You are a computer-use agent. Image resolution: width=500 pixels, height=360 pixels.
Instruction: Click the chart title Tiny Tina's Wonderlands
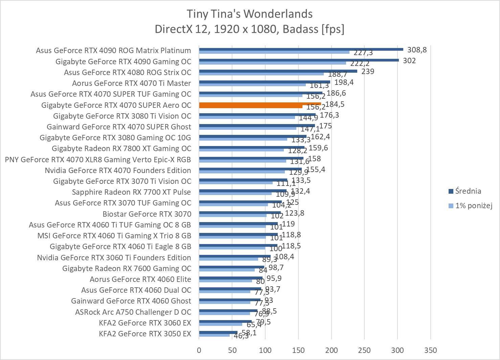tap(250, 14)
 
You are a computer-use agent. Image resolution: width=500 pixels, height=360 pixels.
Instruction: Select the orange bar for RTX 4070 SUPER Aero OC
tap(260, 104)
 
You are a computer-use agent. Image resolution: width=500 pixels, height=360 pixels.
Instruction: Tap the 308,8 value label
tap(417, 50)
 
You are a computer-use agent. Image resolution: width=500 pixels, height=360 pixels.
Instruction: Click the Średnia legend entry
tap(468, 191)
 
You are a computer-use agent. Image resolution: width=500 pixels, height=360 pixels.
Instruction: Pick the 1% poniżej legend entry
tap(473, 206)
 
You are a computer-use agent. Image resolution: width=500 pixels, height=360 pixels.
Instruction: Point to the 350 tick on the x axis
tap(430, 350)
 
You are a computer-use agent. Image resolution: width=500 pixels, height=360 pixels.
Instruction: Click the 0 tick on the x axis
tap(199, 350)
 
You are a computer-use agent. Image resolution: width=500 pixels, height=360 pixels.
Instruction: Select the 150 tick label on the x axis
tap(298, 350)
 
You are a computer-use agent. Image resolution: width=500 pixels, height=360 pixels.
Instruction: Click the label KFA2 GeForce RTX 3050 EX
tap(145, 334)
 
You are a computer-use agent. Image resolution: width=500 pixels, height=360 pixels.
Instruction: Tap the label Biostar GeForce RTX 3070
tap(147, 214)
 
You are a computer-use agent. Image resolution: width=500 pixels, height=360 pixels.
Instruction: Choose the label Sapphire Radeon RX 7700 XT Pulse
tap(131, 192)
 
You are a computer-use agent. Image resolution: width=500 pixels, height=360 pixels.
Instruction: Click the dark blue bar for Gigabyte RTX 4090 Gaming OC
tap(299, 60)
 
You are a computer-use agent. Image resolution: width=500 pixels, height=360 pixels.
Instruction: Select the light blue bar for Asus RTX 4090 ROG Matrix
tap(274, 52)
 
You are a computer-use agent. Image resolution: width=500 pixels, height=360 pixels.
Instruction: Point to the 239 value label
tap(368, 72)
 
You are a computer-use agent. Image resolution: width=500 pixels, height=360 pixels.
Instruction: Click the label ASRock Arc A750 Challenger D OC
tap(133, 312)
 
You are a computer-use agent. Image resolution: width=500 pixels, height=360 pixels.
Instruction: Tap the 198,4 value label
tap(344, 82)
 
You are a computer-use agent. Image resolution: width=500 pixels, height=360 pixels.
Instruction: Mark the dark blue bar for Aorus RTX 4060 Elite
tap(231, 278)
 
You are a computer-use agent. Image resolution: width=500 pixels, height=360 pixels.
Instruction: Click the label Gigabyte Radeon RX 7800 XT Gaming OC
tap(121, 148)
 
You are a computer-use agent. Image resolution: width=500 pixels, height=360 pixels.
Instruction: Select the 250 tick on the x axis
tap(364, 350)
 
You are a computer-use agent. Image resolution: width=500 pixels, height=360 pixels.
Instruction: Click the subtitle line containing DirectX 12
tap(250, 29)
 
